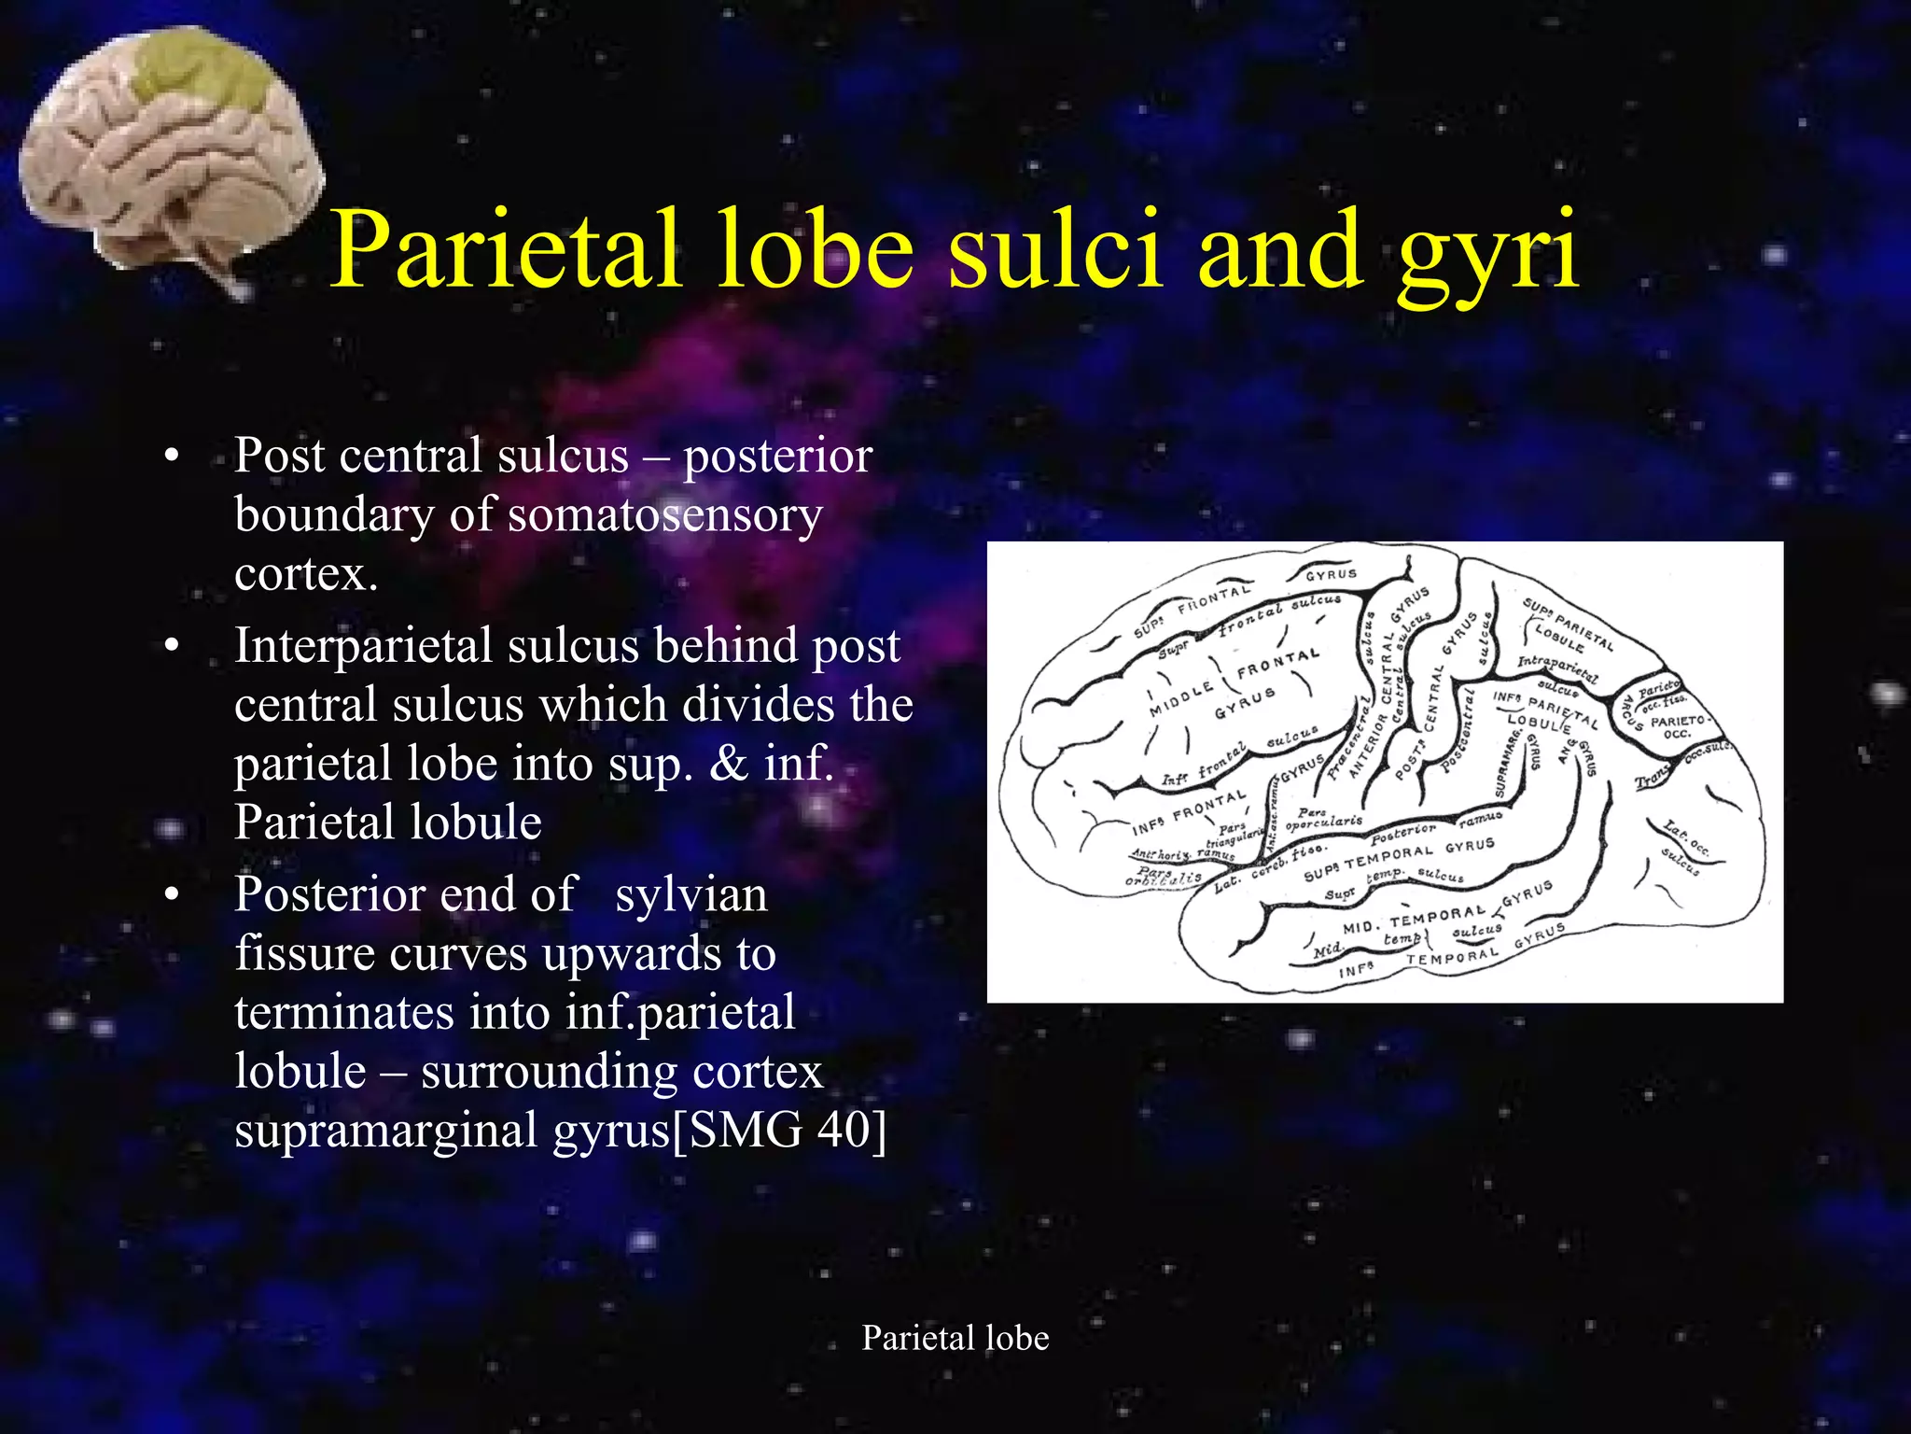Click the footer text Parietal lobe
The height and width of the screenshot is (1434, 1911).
955,1338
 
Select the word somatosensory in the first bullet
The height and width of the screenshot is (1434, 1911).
664,514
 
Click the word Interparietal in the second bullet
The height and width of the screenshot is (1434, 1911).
364,645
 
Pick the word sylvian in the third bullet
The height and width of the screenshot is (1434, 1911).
690,894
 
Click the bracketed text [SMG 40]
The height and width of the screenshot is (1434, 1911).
779,1130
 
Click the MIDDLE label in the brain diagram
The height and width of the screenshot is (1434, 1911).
1181,699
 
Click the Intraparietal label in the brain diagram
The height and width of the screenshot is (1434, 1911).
1556,668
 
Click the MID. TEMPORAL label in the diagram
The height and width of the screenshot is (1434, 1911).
1413,920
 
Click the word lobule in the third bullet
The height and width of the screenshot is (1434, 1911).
300,1071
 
